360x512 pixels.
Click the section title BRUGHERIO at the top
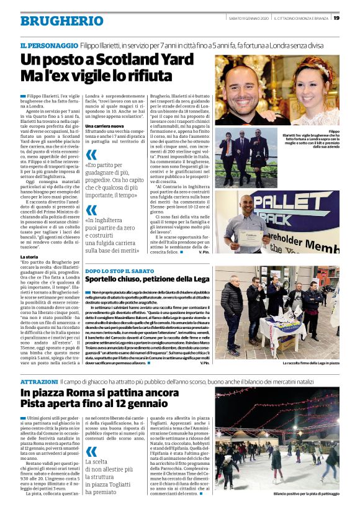53,20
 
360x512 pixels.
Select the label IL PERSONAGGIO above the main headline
49,46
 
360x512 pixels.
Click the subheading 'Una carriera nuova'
106,126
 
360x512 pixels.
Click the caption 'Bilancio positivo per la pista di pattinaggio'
297,495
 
